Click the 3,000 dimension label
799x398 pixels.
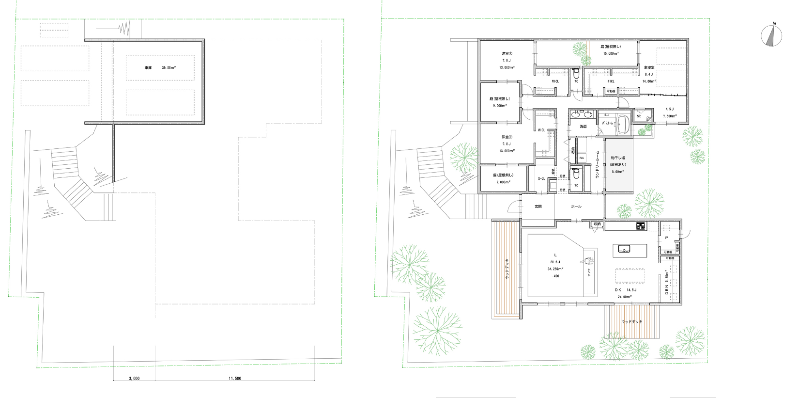point(134,378)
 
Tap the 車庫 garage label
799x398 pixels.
point(148,68)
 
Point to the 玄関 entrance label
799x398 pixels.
point(538,207)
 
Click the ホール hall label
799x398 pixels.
point(576,207)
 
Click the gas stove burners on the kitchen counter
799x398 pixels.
point(641,225)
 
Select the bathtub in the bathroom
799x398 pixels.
point(623,124)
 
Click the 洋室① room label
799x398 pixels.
point(507,53)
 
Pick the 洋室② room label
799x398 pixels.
point(507,137)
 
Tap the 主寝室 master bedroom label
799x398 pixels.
point(649,67)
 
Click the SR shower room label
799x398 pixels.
point(639,116)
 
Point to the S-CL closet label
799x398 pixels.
point(541,179)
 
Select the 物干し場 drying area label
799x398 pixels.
point(618,158)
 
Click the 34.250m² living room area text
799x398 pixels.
point(555,269)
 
